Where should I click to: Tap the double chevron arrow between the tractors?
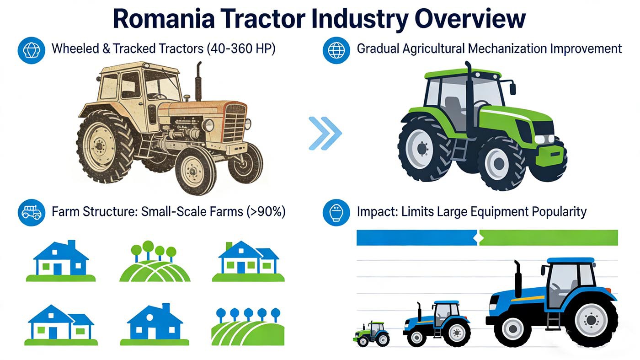[x=325, y=133]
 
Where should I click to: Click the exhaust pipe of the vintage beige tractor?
[x=198, y=82]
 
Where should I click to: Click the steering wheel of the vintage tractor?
[x=158, y=97]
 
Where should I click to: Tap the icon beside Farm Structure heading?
[x=32, y=212]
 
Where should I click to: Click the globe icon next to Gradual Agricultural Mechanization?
[x=336, y=49]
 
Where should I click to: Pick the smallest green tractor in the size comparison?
[x=372, y=333]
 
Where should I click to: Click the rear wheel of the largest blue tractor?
[x=591, y=319]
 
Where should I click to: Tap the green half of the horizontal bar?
[x=549, y=238]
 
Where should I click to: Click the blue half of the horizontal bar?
[x=416, y=238]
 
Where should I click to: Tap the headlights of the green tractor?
[x=544, y=139]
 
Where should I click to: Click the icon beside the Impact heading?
[x=336, y=212]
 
